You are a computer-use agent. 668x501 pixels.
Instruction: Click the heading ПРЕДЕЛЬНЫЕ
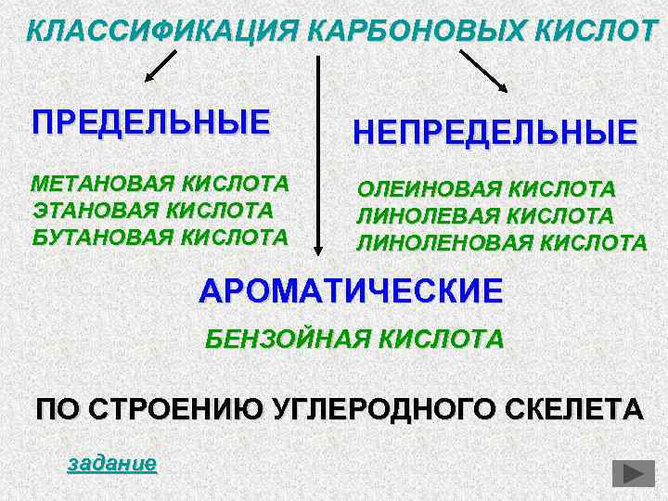(151, 122)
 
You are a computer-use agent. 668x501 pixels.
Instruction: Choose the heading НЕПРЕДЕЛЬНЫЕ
(495, 132)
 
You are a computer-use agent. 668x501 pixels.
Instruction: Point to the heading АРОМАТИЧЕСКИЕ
(351, 291)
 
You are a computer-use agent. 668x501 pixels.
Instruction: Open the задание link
(112, 463)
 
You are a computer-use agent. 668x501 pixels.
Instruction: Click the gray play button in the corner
(634, 473)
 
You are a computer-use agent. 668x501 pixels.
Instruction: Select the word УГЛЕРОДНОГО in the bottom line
(381, 409)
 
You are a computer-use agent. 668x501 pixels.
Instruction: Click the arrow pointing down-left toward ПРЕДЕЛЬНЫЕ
(159, 68)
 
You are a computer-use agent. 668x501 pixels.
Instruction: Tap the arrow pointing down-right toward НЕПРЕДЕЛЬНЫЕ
(484, 71)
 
